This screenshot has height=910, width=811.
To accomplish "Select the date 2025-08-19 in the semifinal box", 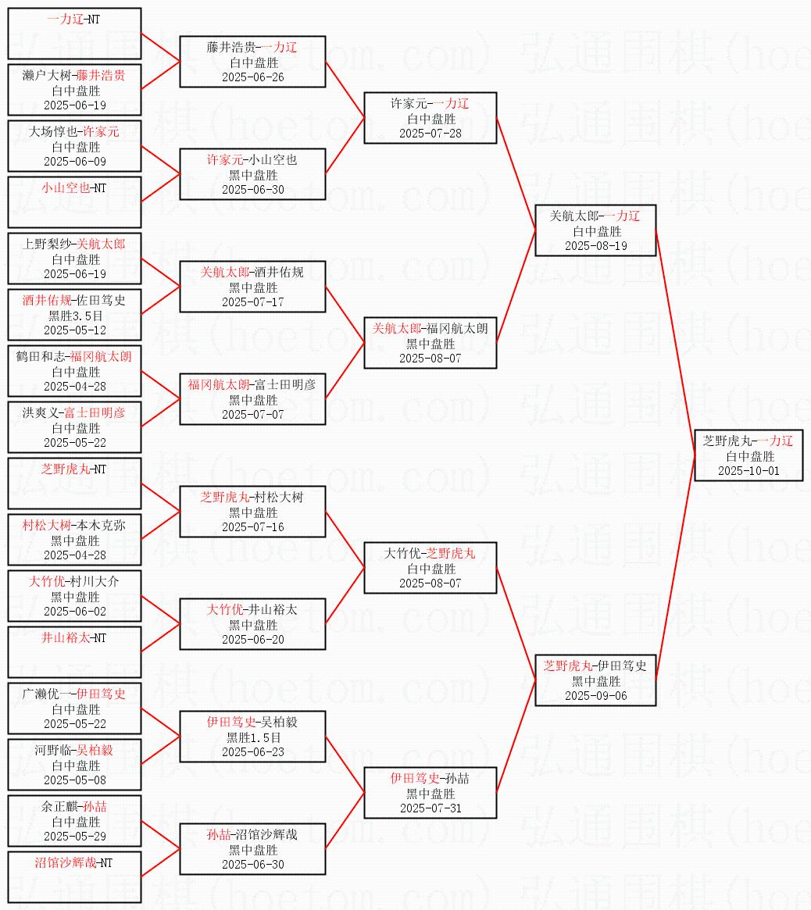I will (595, 246).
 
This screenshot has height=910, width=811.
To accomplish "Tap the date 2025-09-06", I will (595, 696).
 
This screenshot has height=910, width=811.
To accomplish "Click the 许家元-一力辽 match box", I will (431, 119).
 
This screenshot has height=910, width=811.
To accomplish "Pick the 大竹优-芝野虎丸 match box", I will (431, 569).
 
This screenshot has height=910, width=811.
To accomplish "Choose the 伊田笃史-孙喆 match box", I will (431, 793).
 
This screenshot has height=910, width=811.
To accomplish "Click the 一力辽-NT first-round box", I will (74, 34).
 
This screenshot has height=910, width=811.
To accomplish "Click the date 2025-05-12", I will (75, 330).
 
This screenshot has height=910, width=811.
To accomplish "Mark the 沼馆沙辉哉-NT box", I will (74, 876).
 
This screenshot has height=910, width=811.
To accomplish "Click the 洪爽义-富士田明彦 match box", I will (74, 427).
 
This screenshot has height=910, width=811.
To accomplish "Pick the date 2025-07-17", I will (252, 302).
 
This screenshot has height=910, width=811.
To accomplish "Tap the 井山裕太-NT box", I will (74, 652).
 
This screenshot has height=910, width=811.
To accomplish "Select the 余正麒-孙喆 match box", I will (74, 821).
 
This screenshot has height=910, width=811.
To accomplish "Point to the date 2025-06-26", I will (252, 77).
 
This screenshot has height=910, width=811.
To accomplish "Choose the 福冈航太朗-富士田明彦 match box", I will (252, 399).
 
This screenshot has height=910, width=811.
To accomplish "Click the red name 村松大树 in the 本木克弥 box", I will (47, 526).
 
